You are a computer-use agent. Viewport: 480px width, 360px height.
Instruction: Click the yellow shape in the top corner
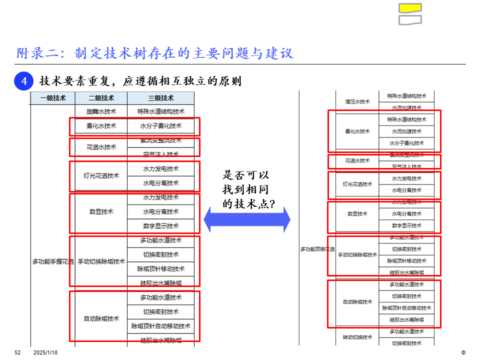point(410,8)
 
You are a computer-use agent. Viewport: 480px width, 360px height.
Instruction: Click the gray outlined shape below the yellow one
point(410,20)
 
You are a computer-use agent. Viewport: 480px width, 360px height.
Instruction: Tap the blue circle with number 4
point(23,81)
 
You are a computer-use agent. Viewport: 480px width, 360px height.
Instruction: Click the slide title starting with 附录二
point(154,53)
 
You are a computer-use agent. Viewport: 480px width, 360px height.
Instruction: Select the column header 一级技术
point(52,98)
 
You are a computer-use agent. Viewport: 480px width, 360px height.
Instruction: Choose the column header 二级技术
point(101,98)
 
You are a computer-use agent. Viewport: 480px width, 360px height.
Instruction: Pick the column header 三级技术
point(160,98)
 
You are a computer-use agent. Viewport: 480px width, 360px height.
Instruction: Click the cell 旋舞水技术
point(101,111)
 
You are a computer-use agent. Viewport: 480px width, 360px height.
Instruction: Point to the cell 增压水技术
point(357,101)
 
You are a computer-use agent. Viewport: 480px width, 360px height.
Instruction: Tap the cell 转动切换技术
point(357,337)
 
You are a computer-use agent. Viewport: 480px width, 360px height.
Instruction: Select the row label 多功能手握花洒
point(53,261)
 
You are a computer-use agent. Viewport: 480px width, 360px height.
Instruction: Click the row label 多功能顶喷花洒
point(317,249)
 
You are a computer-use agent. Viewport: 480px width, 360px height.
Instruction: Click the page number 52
point(17,352)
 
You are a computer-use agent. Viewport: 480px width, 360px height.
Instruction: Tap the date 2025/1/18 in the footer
point(45,352)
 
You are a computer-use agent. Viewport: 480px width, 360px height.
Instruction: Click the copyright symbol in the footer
point(463,352)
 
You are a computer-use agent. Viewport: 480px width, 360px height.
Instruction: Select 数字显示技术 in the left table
point(160,226)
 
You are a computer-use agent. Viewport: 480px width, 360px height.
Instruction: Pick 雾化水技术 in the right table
point(357,131)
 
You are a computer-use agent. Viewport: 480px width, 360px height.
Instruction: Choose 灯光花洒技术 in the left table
point(101,176)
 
